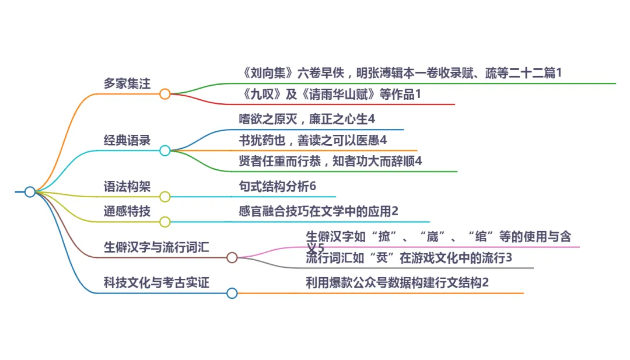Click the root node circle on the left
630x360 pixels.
coord(30,191)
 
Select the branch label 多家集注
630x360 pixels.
coord(127,83)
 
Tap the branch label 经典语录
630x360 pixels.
coord(127,140)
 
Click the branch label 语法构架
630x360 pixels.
coord(127,186)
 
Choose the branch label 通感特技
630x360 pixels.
coord(127,211)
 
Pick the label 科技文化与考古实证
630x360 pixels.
coord(156,283)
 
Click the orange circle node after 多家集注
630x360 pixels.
coord(165,94)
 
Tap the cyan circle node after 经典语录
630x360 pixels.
coord(165,151)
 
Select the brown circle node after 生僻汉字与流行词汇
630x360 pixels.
coord(232,257)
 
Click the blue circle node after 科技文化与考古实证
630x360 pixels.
coord(232,293)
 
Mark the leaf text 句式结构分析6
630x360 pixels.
coord(277,186)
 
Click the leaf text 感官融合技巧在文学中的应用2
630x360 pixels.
coord(318,211)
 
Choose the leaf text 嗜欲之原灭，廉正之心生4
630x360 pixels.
coord(307,119)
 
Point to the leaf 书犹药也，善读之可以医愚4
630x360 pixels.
coord(313,140)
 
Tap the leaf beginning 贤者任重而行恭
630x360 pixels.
coord(330,161)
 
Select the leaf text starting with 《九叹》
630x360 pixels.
coord(330,94)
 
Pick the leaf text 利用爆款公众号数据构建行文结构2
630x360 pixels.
coord(397,283)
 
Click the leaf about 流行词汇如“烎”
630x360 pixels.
coord(409,257)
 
